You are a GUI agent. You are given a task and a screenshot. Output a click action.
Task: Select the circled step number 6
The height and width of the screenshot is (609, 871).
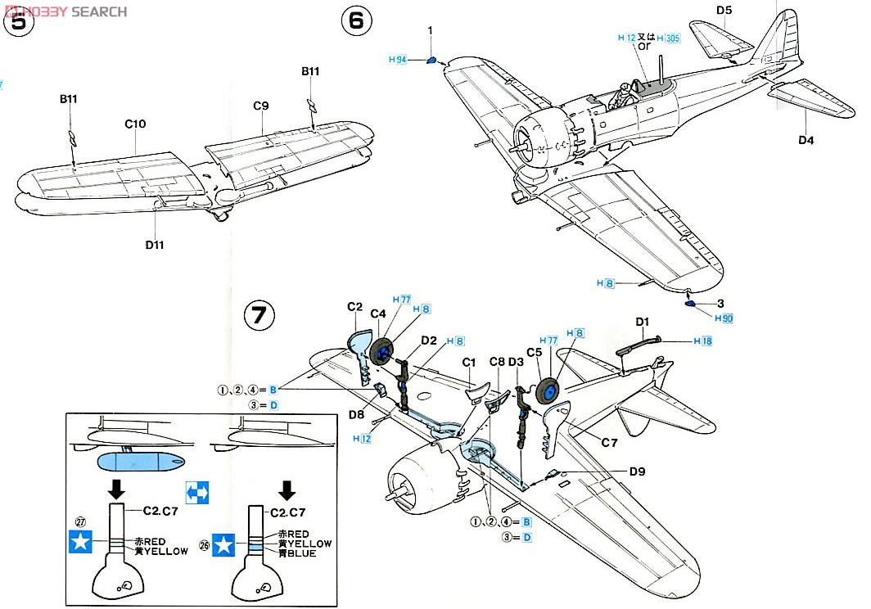point(355,20)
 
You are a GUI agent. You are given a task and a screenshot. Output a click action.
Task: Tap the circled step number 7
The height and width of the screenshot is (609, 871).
point(259,315)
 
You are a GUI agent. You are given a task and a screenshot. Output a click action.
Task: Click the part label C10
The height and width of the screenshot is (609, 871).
point(135,124)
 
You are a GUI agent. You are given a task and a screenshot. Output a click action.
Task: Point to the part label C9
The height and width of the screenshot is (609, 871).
point(261,106)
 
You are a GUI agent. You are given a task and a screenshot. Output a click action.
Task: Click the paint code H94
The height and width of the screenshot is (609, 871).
point(398,60)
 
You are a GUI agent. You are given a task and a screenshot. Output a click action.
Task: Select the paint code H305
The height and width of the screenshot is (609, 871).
point(668,38)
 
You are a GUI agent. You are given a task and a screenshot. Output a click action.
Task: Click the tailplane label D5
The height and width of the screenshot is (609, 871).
point(723,11)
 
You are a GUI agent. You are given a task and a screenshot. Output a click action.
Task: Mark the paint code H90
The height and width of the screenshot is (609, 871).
point(723,318)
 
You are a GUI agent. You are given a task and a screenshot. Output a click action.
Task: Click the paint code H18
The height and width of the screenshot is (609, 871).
point(703,341)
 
